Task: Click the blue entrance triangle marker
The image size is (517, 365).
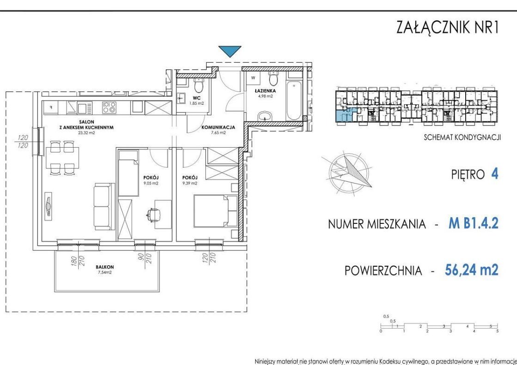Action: coord(230,51)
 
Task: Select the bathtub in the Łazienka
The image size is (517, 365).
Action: coord(294,101)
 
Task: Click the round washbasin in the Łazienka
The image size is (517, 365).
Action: coord(265,116)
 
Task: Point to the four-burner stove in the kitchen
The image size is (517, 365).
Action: coord(109,108)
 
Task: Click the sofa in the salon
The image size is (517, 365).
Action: coord(104,206)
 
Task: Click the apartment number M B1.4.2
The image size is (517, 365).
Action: coord(473,224)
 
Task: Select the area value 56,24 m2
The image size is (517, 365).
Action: coord(471,269)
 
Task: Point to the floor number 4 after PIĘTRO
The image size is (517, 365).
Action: coord(494,175)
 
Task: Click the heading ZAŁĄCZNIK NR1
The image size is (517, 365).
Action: coord(447,28)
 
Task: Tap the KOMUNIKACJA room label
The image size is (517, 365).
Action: coord(218,127)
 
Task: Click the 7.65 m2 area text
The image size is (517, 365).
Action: coord(218,132)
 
